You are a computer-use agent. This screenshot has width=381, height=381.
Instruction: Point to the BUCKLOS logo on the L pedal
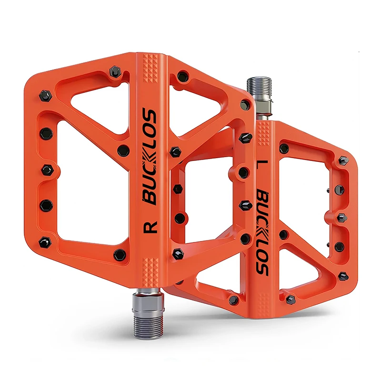tap(262, 233)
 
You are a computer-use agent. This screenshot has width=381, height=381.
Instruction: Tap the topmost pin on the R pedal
tap(115, 72)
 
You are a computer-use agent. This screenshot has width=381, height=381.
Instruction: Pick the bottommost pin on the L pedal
tap(291, 300)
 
